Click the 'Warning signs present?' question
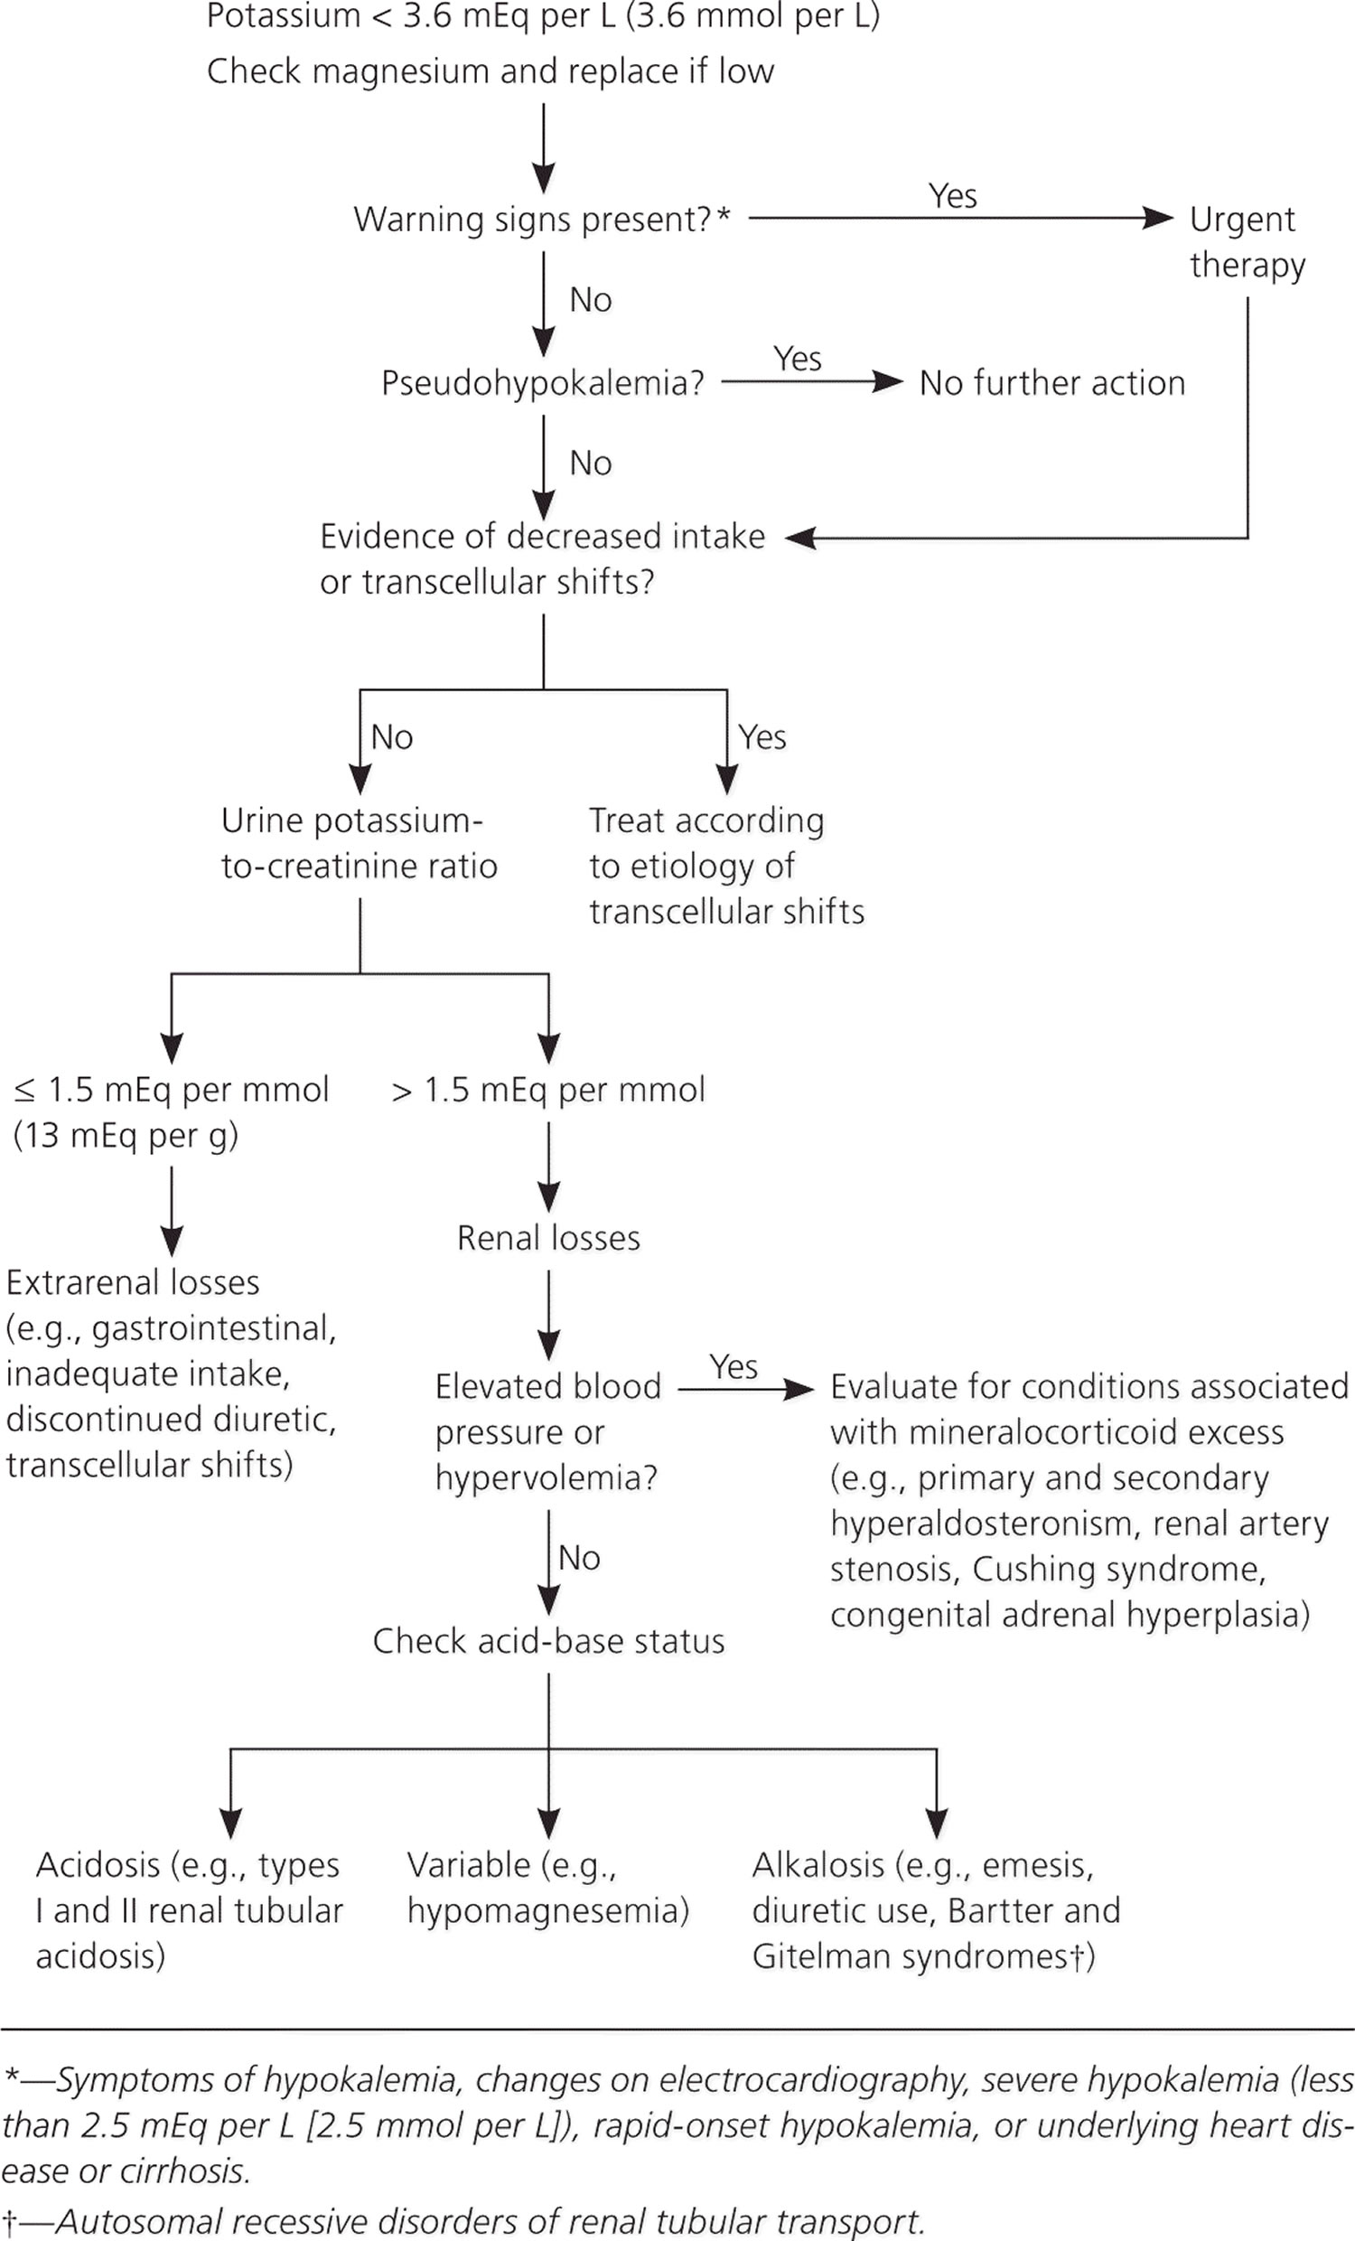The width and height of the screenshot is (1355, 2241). (x=542, y=220)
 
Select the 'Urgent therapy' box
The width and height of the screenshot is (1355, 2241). (x=1247, y=242)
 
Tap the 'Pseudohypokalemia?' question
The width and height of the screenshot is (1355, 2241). (x=543, y=384)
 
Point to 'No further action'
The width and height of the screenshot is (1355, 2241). (x=1052, y=383)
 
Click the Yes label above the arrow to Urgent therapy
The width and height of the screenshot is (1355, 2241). (x=952, y=195)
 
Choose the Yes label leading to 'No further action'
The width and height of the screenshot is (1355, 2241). (x=798, y=359)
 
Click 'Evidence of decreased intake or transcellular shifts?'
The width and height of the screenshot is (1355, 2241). (x=542, y=559)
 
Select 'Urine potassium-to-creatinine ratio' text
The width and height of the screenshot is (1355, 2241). (x=360, y=843)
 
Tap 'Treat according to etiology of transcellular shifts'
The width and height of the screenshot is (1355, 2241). (x=726, y=866)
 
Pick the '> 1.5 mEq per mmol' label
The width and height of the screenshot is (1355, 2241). (x=548, y=1090)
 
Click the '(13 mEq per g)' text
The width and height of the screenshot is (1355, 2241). (x=126, y=1136)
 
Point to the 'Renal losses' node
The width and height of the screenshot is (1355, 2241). (x=548, y=1238)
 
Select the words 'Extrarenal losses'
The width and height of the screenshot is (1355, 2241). (x=133, y=1282)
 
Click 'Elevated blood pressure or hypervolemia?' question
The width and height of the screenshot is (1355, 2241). (x=547, y=1432)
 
